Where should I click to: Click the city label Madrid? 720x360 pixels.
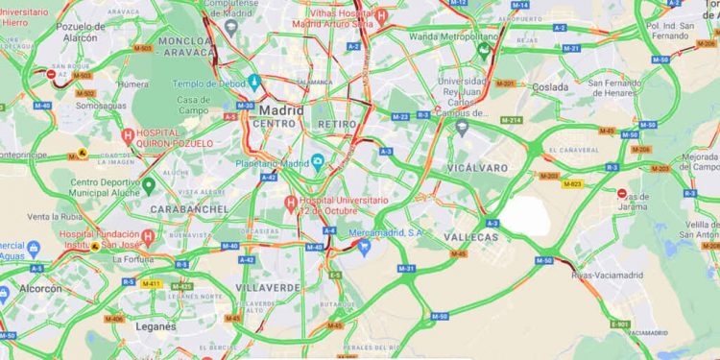[280, 109]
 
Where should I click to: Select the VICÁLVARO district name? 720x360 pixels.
[476, 167]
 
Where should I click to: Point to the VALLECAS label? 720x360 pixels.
[472, 237]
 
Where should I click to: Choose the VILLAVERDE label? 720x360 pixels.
[268, 287]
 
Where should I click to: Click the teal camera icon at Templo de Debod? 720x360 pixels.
[254, 82]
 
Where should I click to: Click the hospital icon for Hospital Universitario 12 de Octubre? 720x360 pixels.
[290, 203]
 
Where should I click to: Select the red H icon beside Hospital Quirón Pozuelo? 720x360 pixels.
[128, 136]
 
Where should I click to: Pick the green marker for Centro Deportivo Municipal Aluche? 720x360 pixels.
[149, 184]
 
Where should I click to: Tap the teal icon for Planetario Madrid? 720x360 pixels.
[316, 160]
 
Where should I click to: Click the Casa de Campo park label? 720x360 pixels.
[194, 104]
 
